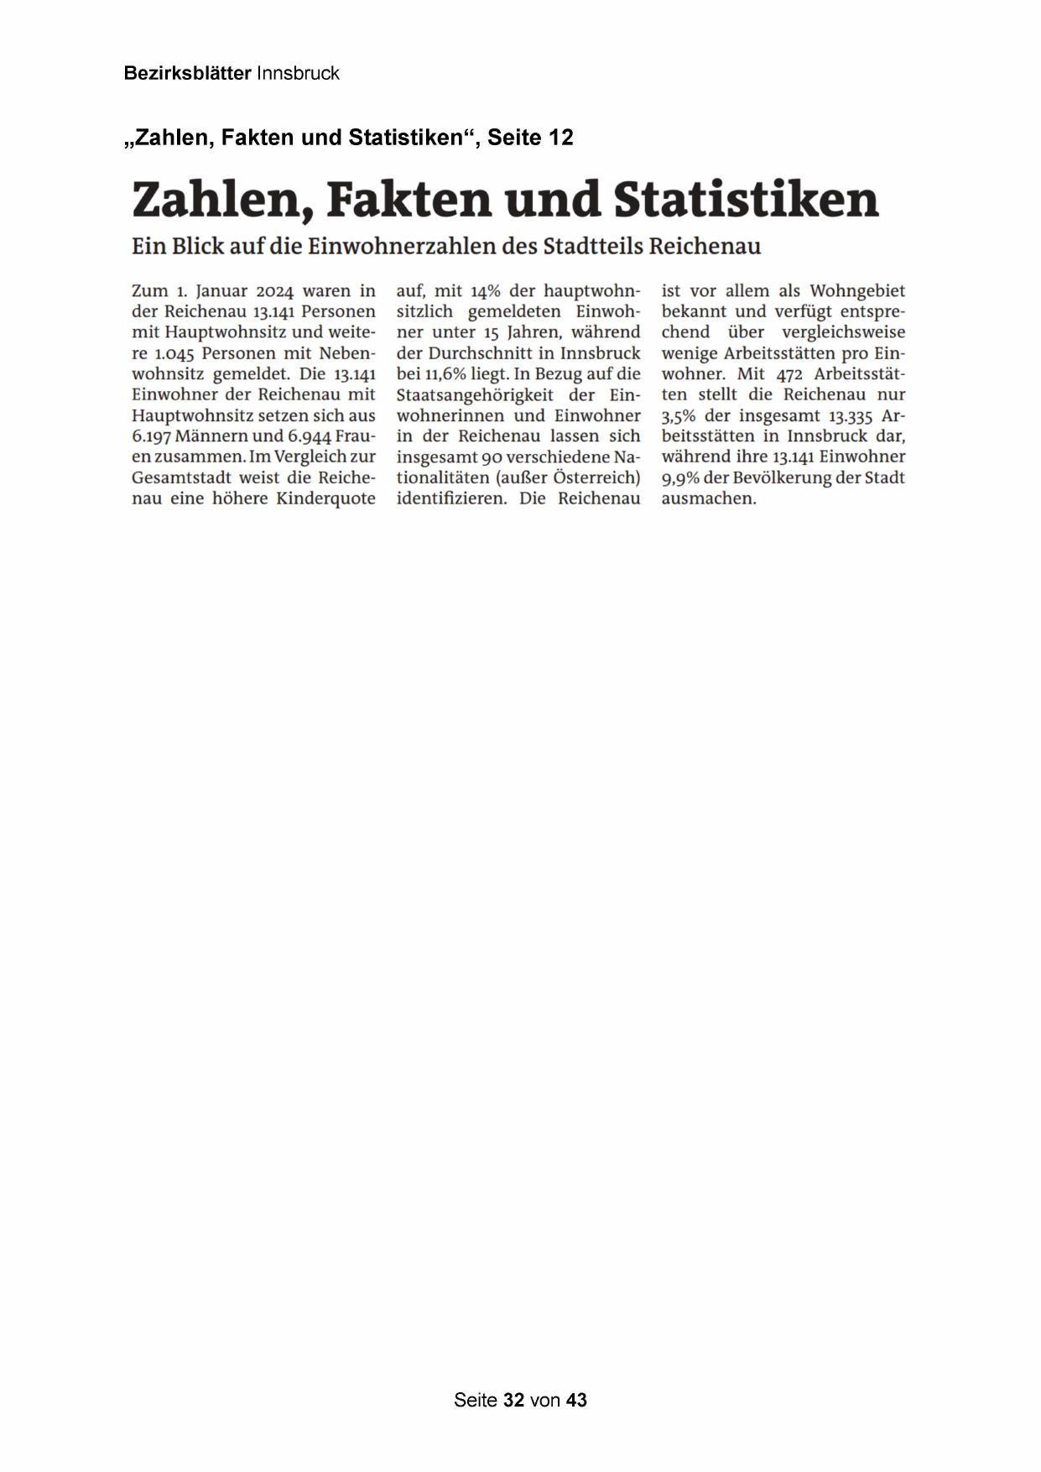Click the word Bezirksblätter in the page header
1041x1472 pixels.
click(187, 74)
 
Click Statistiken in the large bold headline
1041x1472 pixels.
click(746, 200)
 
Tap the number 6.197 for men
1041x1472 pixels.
click(152, 436)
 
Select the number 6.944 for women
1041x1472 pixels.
click(310, 436)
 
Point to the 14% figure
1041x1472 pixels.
click(485, 291)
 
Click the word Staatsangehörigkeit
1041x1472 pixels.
click(476, 395)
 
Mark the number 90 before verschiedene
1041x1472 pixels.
click(492, 457)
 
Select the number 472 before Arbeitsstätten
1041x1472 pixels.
click(789, 374)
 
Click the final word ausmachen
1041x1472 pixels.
click(709, 498)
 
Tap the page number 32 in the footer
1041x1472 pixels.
click(514, 1400)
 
